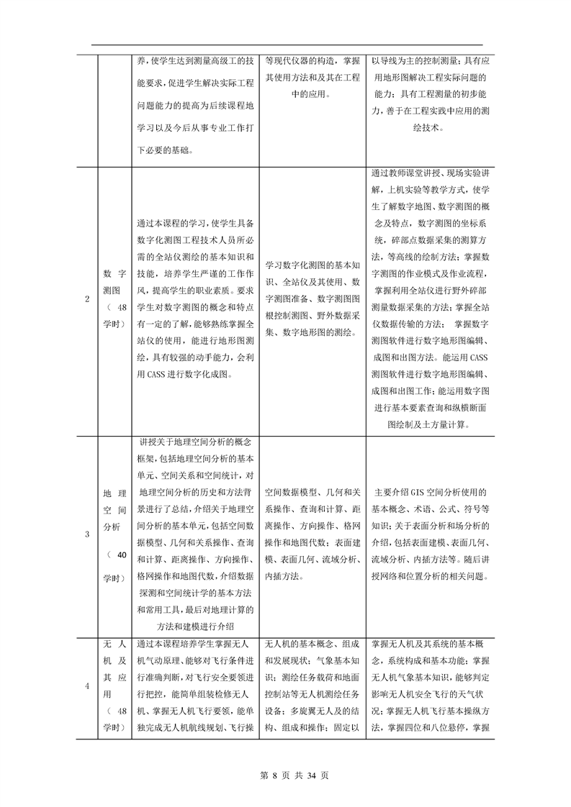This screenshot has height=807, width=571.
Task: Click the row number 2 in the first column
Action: click(x=88, y=299)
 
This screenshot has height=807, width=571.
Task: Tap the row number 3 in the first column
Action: click(x=88, y=534)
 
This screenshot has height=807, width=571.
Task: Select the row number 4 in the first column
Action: click(x=88, y=686)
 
